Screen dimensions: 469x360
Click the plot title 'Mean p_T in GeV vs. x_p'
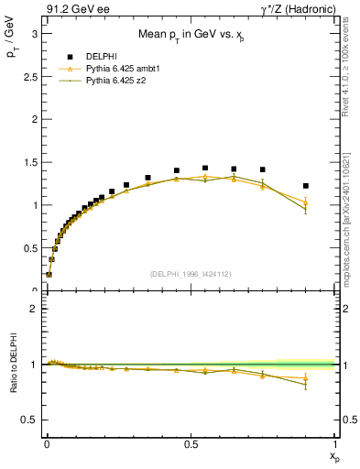[x=190, y=36]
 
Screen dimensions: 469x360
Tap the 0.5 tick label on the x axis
[x=191, y=443]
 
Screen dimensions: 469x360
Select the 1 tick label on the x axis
[x=335, y=443]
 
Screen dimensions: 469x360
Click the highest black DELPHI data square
[x=205, y=169]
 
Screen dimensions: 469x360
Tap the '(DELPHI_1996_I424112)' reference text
[x=191, y=272]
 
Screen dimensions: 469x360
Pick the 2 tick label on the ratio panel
[x=34, y=309]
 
